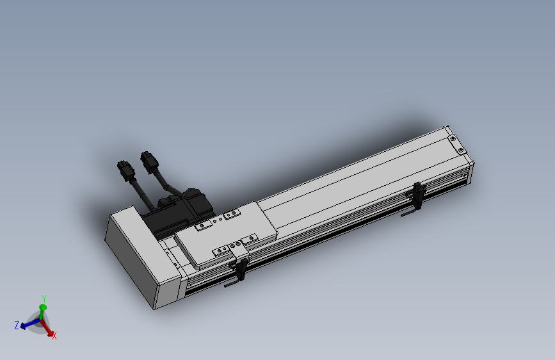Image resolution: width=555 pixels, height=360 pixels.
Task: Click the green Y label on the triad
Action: tap(44, 299)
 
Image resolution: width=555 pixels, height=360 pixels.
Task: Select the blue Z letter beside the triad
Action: tap(16, 325)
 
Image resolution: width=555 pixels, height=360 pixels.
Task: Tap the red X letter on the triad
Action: tap(54, 336)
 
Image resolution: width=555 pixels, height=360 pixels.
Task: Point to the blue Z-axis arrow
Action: tap(31, 323)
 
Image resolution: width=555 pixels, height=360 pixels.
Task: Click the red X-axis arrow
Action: tap(47, 327)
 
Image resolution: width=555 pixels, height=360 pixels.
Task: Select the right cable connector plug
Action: tap(149, 162)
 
